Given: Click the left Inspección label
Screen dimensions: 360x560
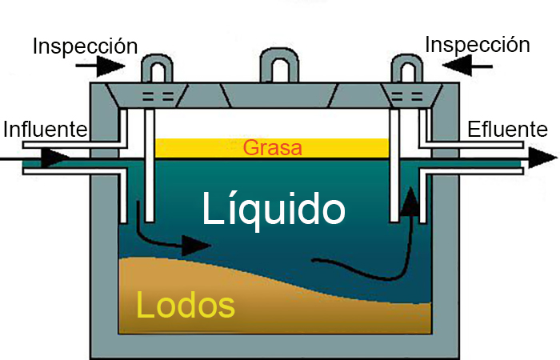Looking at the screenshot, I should (x=85, y=46).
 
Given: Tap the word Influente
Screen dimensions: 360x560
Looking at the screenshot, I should (x=45, y=129).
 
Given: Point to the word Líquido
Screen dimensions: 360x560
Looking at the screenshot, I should (x=274, y=210).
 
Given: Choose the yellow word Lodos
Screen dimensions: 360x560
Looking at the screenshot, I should (x=186, y=305).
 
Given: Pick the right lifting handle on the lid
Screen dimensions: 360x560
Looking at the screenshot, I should (x=403, y=66).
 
